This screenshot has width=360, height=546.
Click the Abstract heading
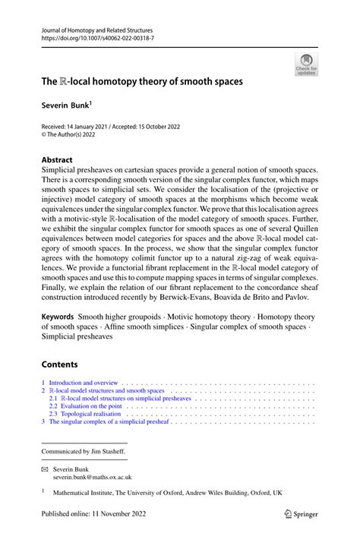(x=57, y=160)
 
